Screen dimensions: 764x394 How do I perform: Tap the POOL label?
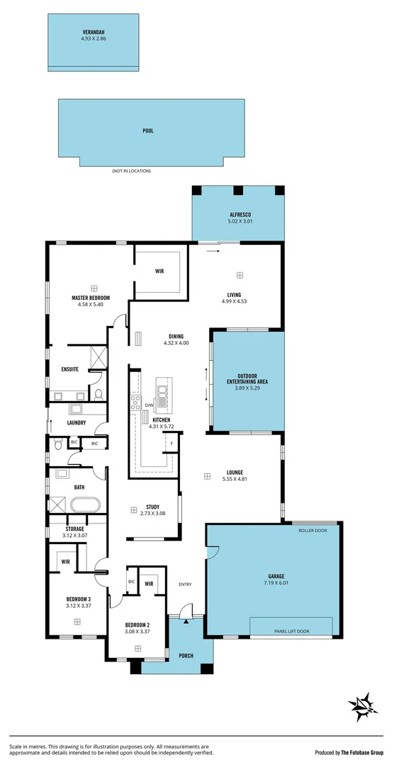[148, 131]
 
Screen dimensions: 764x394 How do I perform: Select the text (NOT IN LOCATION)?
[131, 171]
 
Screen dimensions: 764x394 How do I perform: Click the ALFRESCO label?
[240, 214]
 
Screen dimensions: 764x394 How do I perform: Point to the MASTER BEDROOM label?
[90, 298]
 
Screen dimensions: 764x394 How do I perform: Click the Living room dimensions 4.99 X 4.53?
[234, 302]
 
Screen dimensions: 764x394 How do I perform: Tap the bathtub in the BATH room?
[86, 506]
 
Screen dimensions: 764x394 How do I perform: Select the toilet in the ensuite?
[98, 394]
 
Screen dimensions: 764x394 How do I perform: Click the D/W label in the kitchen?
[150, 405]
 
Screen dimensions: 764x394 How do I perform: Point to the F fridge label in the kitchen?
[171, 444]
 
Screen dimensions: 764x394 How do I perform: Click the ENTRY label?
[186, 584]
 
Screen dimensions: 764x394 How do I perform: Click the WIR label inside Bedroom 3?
[65, 562]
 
